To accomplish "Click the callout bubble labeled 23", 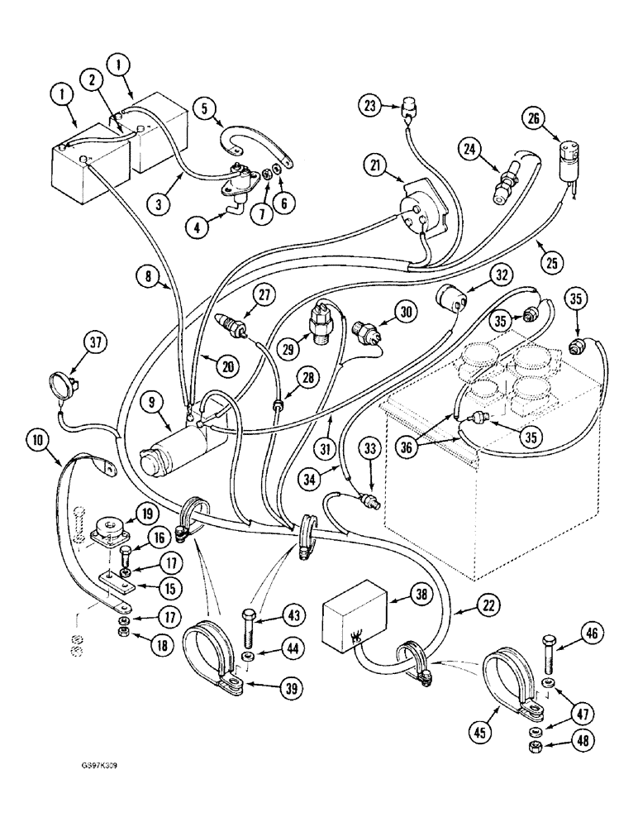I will pos(370,105).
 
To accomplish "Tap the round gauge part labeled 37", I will pos(60,385).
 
